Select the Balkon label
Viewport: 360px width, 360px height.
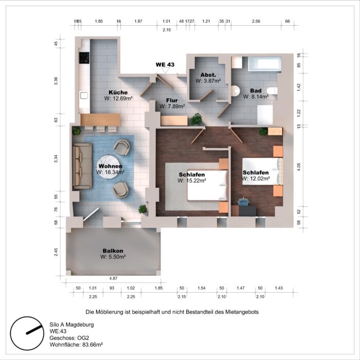[x=112, y=250]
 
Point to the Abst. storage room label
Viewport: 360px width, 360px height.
[x=208, y=75]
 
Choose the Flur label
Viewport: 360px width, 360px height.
[x=172, y=100]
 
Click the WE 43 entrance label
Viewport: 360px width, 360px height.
[x=166, y=65]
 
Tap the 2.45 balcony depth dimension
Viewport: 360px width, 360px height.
[x=56, y=252]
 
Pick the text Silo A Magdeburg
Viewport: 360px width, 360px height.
[x=71, y=325]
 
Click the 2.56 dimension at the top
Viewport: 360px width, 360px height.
[x=256, y=22]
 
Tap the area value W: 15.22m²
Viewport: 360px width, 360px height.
[x=192, y=181]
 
